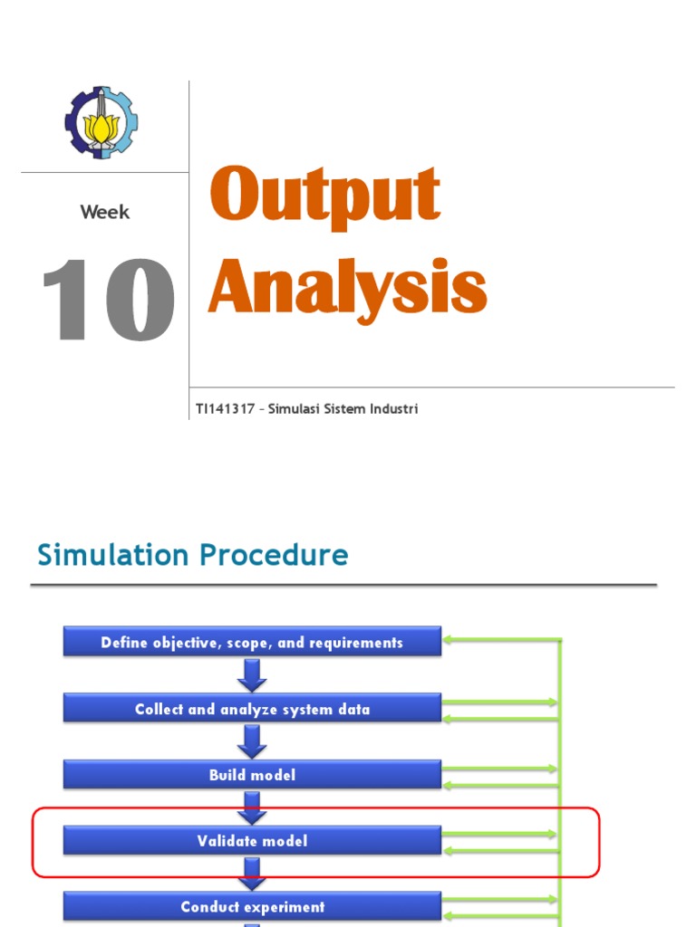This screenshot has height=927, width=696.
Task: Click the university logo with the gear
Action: coord(101,122)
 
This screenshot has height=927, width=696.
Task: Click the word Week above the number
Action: coord(105,213)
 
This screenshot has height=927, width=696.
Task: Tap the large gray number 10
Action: coord(108,301)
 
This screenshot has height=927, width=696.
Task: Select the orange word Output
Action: coord(324,195)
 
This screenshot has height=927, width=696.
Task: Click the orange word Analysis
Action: coord(347,287)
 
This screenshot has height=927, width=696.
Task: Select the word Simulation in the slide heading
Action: coord(111,555)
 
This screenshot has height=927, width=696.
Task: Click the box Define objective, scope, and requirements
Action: coord(252,643)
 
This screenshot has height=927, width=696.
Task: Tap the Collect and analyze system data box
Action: coord(252,709)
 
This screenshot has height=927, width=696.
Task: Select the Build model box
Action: coord(252,775)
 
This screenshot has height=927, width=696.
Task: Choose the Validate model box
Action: coord(252,841)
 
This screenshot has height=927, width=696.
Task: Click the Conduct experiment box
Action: coord(252,906)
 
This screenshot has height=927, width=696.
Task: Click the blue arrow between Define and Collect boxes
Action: coord(252,674)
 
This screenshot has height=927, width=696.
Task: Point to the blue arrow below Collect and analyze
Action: coord(252,741)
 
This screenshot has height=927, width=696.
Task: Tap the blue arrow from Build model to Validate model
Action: coord(252,808)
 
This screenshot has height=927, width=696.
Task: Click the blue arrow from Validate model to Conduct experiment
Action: coord(252,873)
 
